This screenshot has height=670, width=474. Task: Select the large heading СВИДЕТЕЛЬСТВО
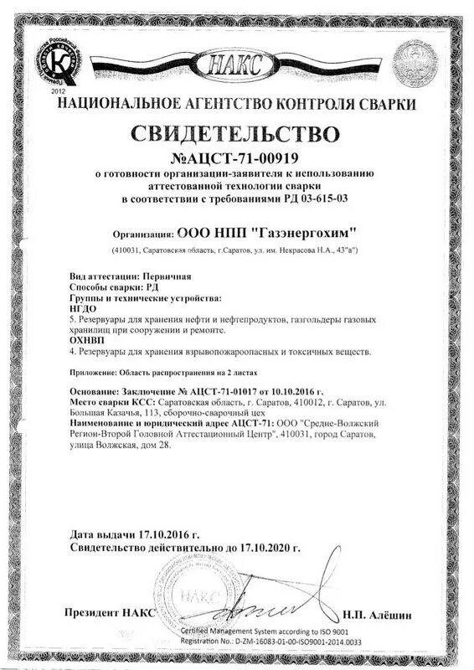click(238, 133)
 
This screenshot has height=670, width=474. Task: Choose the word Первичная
click(166, 276)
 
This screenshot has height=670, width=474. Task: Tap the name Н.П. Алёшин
click(377, 615)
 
